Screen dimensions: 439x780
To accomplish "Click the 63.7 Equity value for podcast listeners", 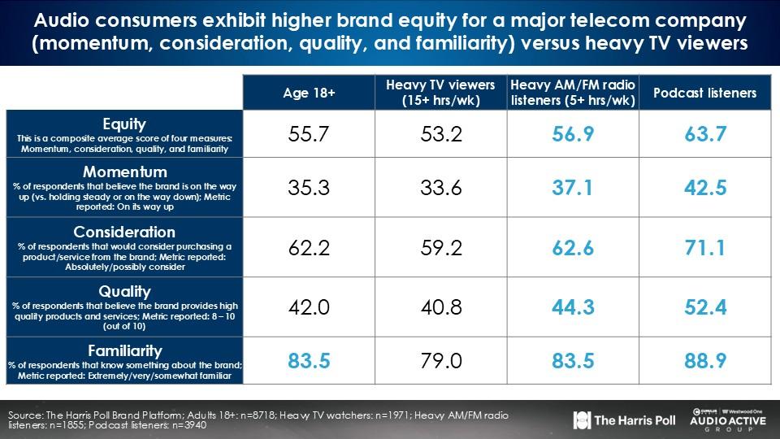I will pos(704,135).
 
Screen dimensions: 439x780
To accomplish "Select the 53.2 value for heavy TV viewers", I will pos(441,135).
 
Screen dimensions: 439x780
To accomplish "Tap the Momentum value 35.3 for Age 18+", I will pos(309,189).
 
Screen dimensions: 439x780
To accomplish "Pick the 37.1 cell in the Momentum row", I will pos(573,189).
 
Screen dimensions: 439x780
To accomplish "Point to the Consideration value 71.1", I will pos(704,247).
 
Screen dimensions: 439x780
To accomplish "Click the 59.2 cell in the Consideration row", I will pos(441,247).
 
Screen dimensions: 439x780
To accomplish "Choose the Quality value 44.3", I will pos(573,306).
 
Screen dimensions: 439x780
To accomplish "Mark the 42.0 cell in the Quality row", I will pos(309,306).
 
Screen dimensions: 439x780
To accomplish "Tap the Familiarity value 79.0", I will pos(441,360).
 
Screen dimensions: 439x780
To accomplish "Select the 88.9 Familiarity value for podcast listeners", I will pos(704,360).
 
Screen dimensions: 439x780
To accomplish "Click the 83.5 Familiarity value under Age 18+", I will pos(309,360).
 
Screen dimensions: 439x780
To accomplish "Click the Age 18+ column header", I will pos(309,93).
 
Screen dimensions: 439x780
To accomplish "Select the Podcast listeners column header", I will pos(704,93).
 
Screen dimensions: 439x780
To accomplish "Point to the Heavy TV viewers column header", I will pos(441,93).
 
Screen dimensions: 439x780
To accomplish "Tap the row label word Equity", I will pos(124,124).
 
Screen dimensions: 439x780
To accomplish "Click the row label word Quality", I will pos(124,291).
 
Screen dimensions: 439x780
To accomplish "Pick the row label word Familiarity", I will pos(124,350).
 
